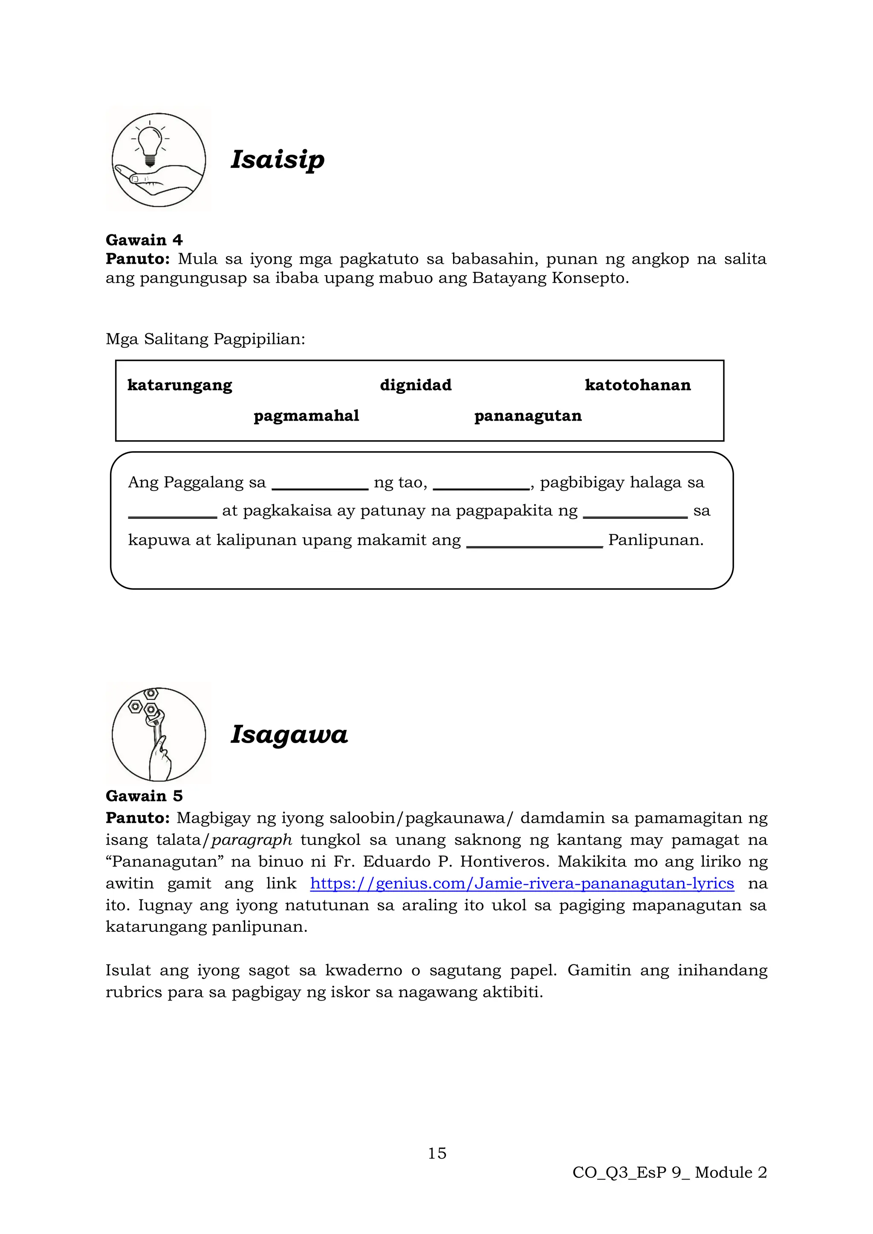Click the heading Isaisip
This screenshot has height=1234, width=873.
(x=278, y=160)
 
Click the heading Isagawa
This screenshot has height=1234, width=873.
(x=289, y=734)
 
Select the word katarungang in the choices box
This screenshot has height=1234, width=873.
(x=179, y=385)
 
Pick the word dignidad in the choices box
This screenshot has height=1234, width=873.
(x=416, y=385)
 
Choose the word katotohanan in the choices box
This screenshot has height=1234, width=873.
(x=638, y=385)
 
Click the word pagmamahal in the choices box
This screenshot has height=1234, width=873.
(x=306, y=415)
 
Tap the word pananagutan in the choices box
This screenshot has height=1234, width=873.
(x=528, y=415)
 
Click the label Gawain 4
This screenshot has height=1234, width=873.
(x=144, y=240)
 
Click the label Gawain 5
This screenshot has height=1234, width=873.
(x=144, y=796)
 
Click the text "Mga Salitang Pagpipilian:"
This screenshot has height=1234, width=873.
(x=205, y=339)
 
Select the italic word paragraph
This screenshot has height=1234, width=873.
(x=251, y=839)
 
